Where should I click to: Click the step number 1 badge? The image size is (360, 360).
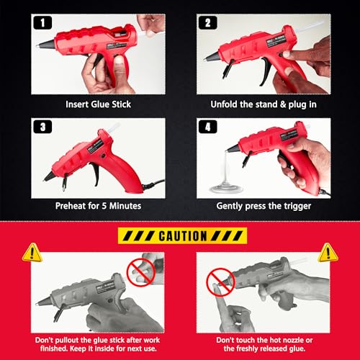(42, 23)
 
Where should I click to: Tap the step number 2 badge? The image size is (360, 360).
(208, 23)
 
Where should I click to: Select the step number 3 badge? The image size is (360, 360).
(42, 127)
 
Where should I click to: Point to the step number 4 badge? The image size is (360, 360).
(208, 127)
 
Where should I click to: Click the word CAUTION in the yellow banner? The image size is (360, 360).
(183, 236)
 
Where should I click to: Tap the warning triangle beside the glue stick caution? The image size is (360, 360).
(32, 253)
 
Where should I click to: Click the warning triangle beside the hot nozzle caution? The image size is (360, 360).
(328, 253)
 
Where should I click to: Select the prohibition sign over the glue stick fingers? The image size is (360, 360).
(140, 272)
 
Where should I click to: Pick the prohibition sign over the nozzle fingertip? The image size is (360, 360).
(220, 282)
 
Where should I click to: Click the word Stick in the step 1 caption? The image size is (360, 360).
(122, 104)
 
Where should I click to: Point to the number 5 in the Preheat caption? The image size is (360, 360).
(104, 206)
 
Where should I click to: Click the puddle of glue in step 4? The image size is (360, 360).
(225, 189)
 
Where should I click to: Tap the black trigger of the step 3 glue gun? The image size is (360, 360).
(95, 174)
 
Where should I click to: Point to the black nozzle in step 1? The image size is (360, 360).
(46, 44)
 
